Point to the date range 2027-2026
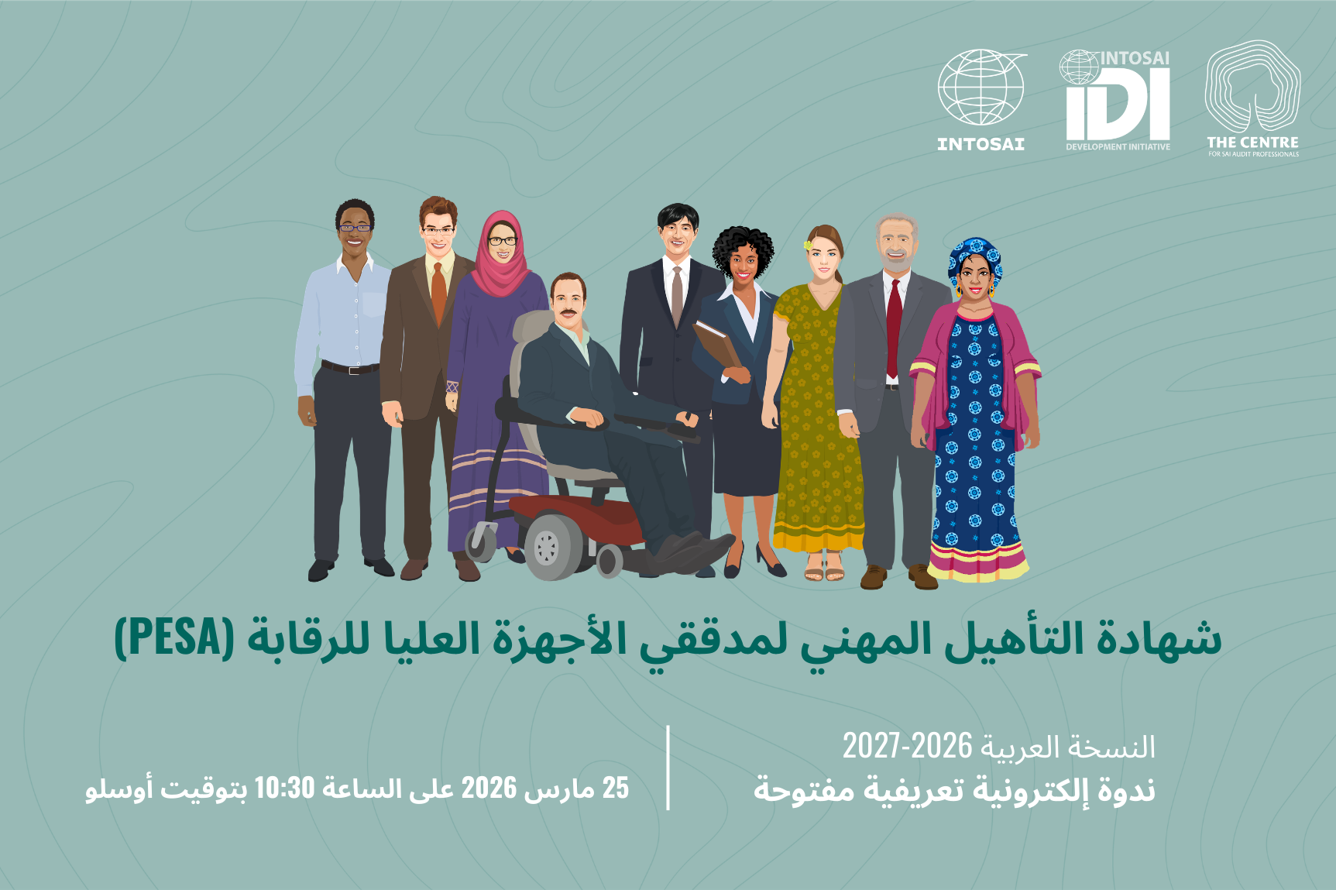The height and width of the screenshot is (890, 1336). [x=907, y=747]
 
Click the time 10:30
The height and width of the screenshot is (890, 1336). [x=284, y=789]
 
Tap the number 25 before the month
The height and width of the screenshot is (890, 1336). [x=616, y=789]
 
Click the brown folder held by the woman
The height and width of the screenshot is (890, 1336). [x=716, y=345]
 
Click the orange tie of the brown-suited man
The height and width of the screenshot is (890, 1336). [x=438, y=291]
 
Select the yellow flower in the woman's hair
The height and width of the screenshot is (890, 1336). [x=809, y=246]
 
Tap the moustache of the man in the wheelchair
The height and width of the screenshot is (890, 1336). [x=569, y=313]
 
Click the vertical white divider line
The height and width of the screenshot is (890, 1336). [x=668, y=768]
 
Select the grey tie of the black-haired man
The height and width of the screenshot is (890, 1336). [x=677, y=294]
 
